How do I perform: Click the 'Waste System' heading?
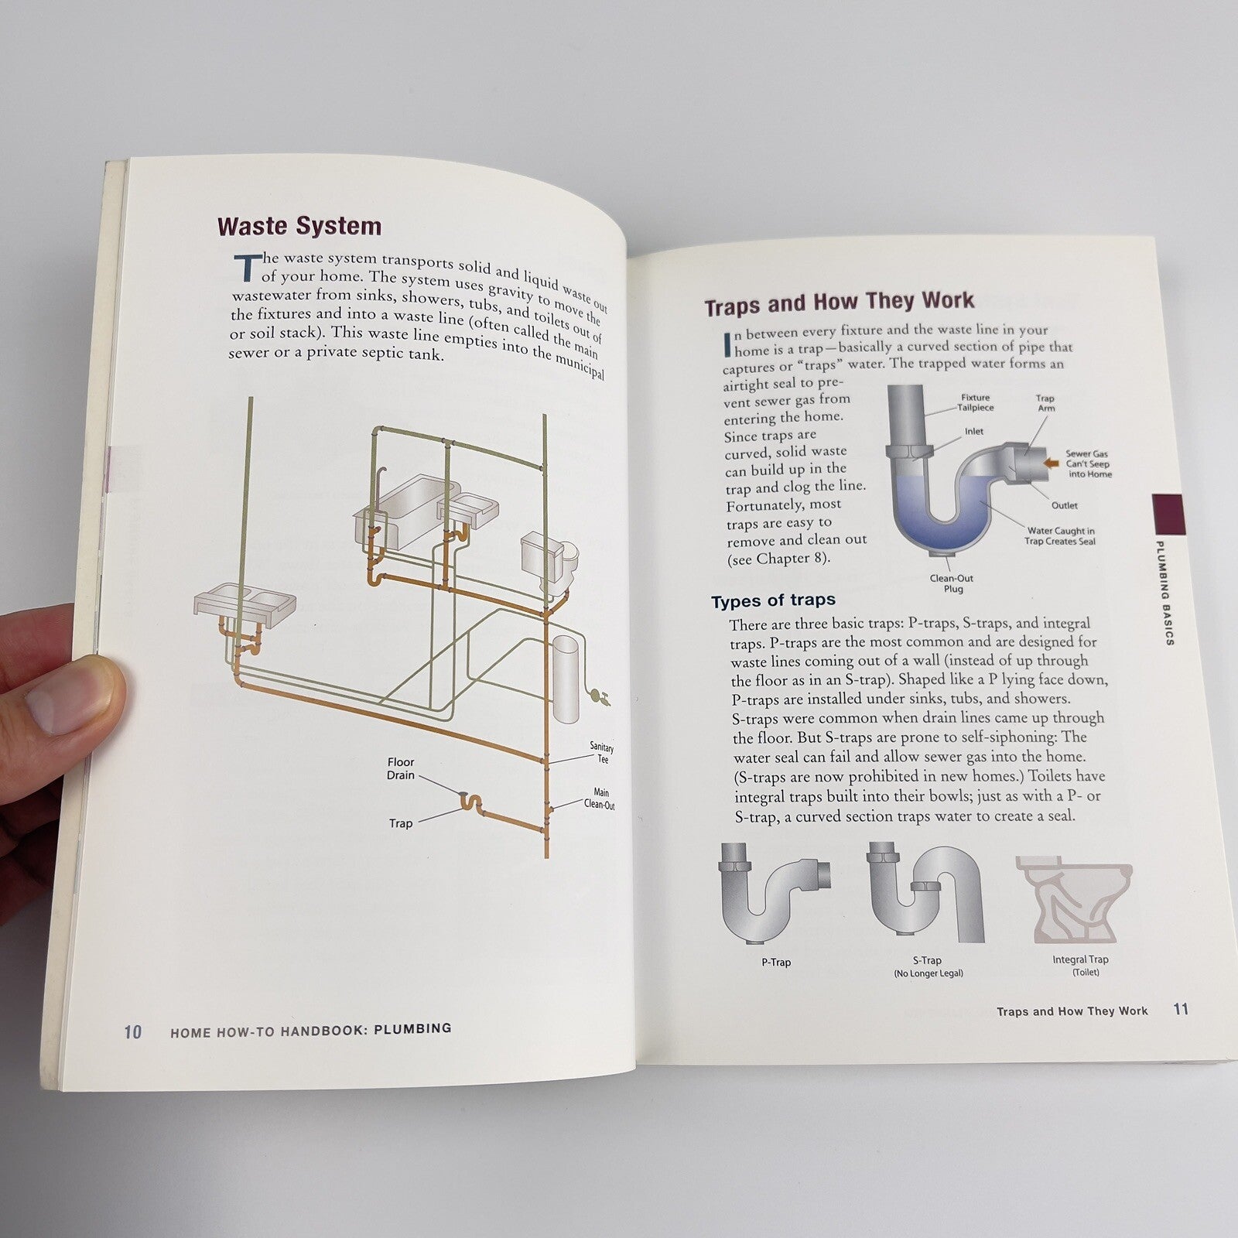(x=299, y=226)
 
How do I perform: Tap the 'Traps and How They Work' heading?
(x=840, y=303)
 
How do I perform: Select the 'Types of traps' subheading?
(x=773, y=600)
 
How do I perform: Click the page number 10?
(x=133, y=1031)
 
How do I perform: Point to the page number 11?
(x=1181, y=1009)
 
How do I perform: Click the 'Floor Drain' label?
(x=401, y=768)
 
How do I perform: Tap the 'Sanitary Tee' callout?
(x=602, y=753)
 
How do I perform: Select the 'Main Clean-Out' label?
(x=600, y=799)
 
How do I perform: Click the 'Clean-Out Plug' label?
(x=952, y=583)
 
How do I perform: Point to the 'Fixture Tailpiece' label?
(x=975, y=402)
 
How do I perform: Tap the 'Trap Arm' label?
(x=1045, y=403)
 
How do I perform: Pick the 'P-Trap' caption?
(x=776, y=963)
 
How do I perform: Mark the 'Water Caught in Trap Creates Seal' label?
(x=1060, y=536)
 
